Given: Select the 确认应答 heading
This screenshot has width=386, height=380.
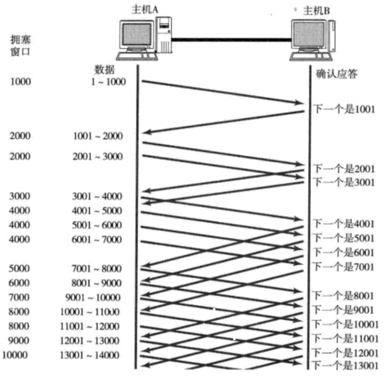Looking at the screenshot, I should coord(335,73).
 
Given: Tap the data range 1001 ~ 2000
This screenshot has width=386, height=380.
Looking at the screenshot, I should coord(97,136).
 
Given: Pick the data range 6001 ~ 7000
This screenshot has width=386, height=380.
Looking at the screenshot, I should coord(97,239).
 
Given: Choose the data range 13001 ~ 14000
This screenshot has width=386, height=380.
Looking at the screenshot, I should coord(89,355).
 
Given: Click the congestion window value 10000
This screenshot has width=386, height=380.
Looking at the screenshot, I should coord(16,355).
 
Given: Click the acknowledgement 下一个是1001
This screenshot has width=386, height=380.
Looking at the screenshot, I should coord(344,109).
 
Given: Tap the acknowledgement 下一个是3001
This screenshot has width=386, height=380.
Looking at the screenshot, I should coord(344,183).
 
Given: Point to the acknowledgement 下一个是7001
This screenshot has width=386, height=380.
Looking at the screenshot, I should coord(344,267).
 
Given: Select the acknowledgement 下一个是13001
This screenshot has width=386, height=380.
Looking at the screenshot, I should coord(346,365).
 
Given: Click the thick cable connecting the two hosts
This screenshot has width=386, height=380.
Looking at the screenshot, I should coord(231,39).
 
